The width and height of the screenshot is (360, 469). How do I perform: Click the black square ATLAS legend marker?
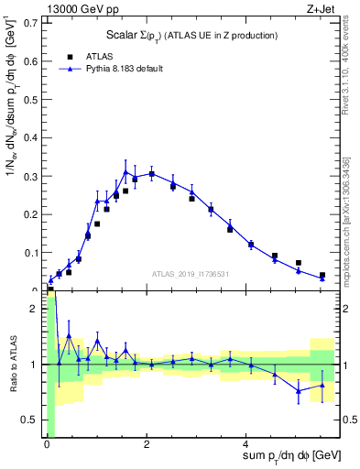71,56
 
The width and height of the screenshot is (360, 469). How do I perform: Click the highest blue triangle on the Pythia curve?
125,172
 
